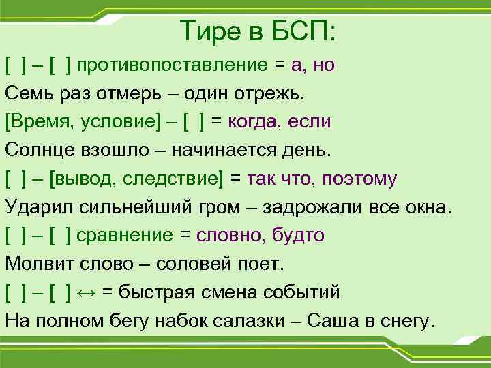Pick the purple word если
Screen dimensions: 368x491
pos(310,122)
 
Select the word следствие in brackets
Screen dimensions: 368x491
pos(179,179)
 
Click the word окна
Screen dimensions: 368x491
pos(426,207)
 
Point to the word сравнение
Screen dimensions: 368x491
pos(125,236)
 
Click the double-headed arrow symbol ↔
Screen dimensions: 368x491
pos(87,293)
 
